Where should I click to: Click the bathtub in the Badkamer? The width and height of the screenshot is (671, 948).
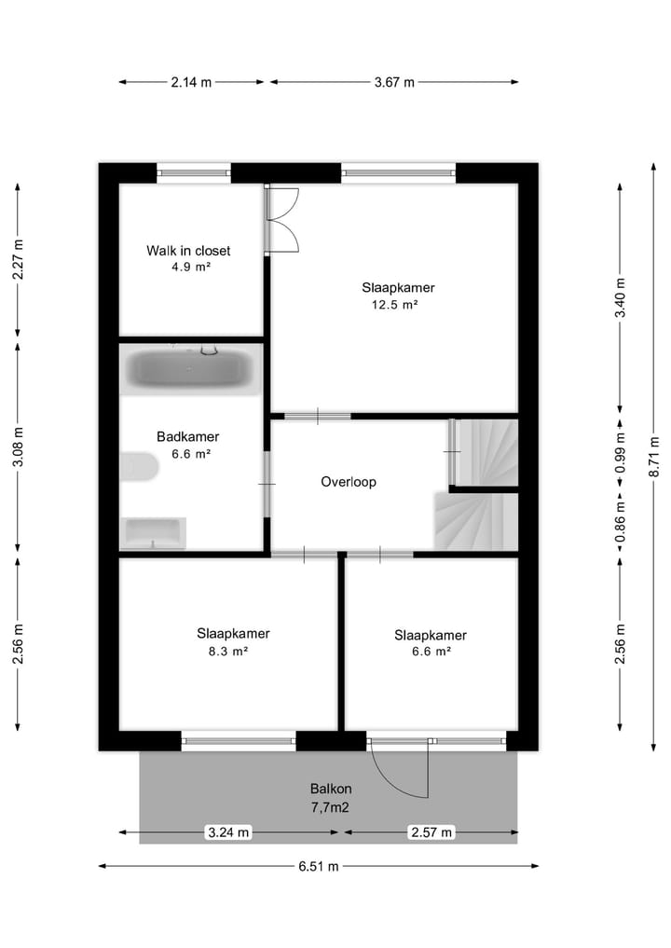191,368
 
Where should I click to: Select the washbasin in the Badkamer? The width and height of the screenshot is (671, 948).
155,533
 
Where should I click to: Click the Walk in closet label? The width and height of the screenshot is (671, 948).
188,251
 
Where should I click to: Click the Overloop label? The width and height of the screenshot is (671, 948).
348,482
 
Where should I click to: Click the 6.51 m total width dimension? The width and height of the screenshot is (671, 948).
319,866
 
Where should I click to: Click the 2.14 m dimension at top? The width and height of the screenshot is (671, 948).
191,82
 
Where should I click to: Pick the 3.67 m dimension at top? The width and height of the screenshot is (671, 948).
394,82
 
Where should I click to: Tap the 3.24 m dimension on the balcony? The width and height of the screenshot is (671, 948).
228,832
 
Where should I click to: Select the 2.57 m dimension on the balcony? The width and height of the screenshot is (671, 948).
431,832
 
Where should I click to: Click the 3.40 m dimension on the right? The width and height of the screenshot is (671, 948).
621,298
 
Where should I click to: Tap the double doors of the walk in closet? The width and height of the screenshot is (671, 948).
281,220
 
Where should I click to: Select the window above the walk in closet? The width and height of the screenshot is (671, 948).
194,172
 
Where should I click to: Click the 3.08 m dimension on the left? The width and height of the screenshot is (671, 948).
19,449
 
